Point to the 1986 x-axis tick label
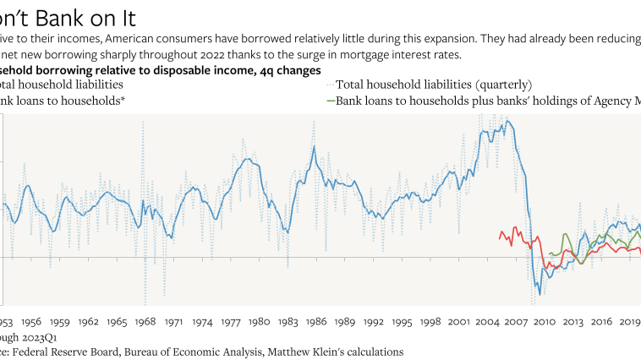[317, 322]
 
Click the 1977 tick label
[231, 322]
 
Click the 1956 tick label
[31, 322]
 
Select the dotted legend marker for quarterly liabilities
[330, 85]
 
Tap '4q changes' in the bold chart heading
[282, 69]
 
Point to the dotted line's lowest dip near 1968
[145, 302]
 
